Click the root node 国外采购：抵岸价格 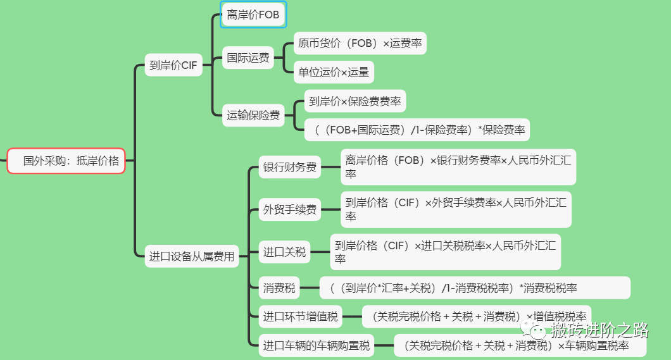click(x=66, y=161)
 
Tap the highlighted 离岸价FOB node click(x=253, y=15)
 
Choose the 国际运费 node click(x=248, y=58)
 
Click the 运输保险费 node click(x=253, y=115)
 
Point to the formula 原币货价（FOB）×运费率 click(x=360, y=44)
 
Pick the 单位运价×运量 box click(x=334, y=72)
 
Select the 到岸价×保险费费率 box click(x=355, y=101)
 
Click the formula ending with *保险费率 click(x=417, y=130)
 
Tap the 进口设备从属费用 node click(x=192, y=256)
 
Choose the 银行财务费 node click(x=290, y=168)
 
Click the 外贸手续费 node click(x=290, y=209)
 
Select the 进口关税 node click(x=285, y=252)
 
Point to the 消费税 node click(x=279, y=288)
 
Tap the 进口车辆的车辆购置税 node click(x=317, y=345)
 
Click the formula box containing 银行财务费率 click(x=458, y=167)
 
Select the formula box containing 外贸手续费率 click(x=456, y=209)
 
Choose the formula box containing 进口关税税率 click(x=445, y=252)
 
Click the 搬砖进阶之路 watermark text click(x=599, y=330)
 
